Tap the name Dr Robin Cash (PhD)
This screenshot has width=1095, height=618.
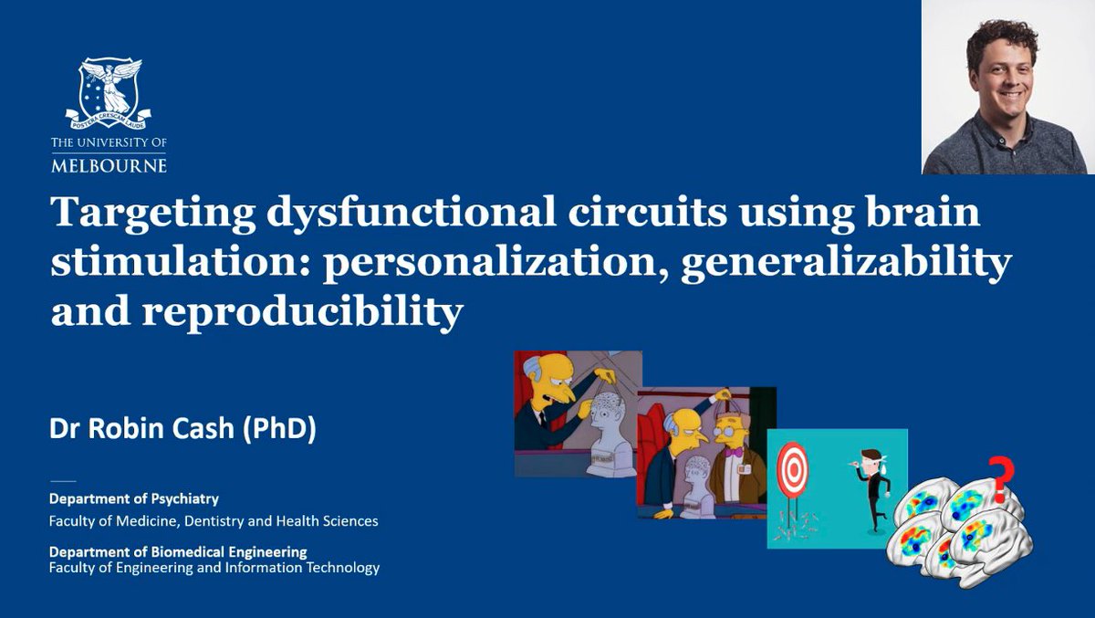[183, 429]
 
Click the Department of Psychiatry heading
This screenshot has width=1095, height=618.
[134, 499]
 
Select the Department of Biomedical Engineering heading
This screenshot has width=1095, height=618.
[178, 551]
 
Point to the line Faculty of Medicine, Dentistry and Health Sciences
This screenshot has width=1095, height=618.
[214, 521]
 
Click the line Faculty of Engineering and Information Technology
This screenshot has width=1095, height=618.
[214, 568]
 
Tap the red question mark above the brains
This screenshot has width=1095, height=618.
[1001, 482]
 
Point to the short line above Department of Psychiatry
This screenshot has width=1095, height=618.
[63, 480]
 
